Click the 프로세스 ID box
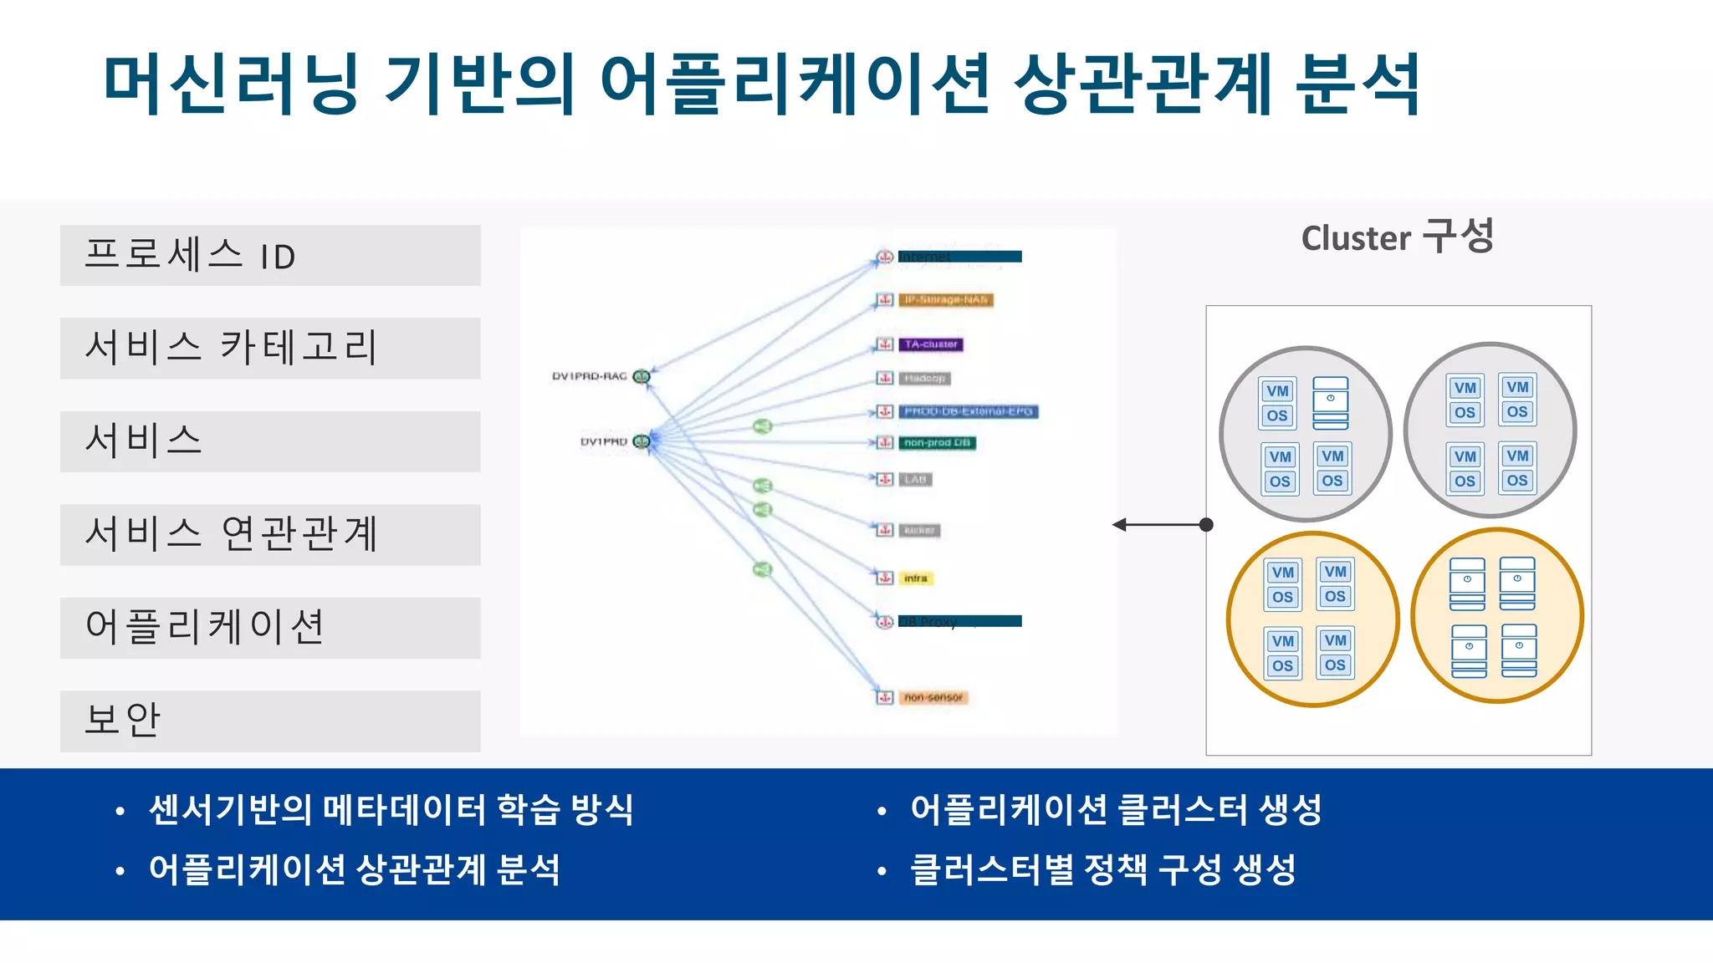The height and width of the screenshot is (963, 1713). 270,256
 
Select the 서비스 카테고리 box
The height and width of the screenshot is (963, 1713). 270,348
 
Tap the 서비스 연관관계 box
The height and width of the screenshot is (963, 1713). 270,535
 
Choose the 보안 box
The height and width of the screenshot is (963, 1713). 270,721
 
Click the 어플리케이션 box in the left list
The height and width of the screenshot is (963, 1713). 270,628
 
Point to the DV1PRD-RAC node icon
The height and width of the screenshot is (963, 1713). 642,376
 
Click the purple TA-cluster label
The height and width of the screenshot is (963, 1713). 931,344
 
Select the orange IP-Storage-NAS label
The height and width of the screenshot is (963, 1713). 946,299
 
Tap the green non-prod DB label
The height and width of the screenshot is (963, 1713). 937,443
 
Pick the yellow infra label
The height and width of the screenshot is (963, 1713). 916,578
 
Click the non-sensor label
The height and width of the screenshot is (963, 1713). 933,697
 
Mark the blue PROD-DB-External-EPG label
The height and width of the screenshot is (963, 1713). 968,411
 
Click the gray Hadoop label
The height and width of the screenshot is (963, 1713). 924,379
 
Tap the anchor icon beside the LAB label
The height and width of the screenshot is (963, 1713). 885,479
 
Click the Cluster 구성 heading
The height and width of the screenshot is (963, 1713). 1397,237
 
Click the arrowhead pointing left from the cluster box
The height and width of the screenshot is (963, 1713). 1119,525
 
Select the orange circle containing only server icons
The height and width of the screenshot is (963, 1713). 1496,616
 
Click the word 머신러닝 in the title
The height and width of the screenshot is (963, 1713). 231,84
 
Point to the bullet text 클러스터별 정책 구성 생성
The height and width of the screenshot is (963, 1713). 1102,869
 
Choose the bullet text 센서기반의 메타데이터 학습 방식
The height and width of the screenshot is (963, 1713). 391,809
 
